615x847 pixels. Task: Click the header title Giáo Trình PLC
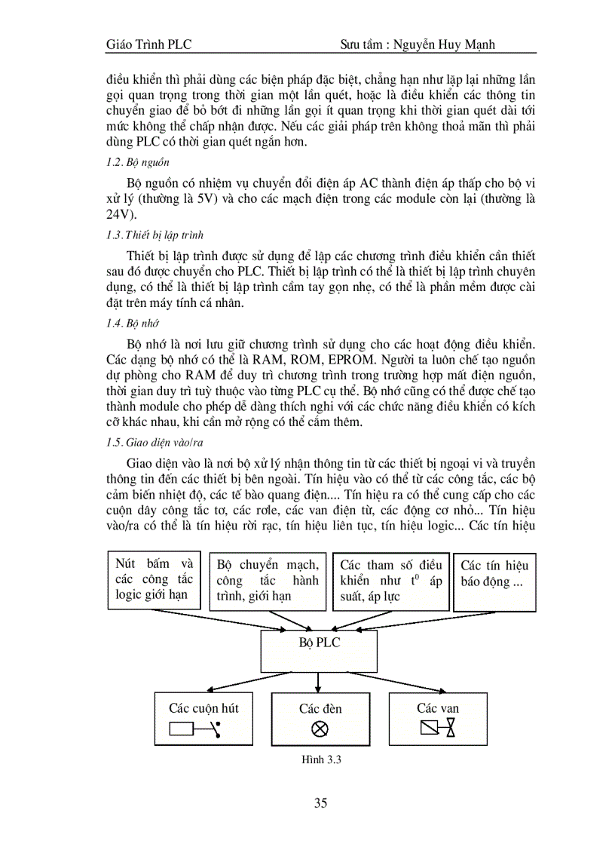[x=148, y=44]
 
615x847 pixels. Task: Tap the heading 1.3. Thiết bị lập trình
[x=155, y=235]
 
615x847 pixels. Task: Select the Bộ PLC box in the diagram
[x=318, y=649]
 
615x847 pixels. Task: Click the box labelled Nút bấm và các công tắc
[x=155, y=579]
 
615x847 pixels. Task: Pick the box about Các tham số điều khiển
[x=390, y=581]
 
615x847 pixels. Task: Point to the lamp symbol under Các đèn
[x=320, y=729]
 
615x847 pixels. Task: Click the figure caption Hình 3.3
[x=320, y=760]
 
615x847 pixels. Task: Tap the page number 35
[x=320, y=803]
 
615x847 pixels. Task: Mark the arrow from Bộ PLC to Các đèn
[x=320, y=681]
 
